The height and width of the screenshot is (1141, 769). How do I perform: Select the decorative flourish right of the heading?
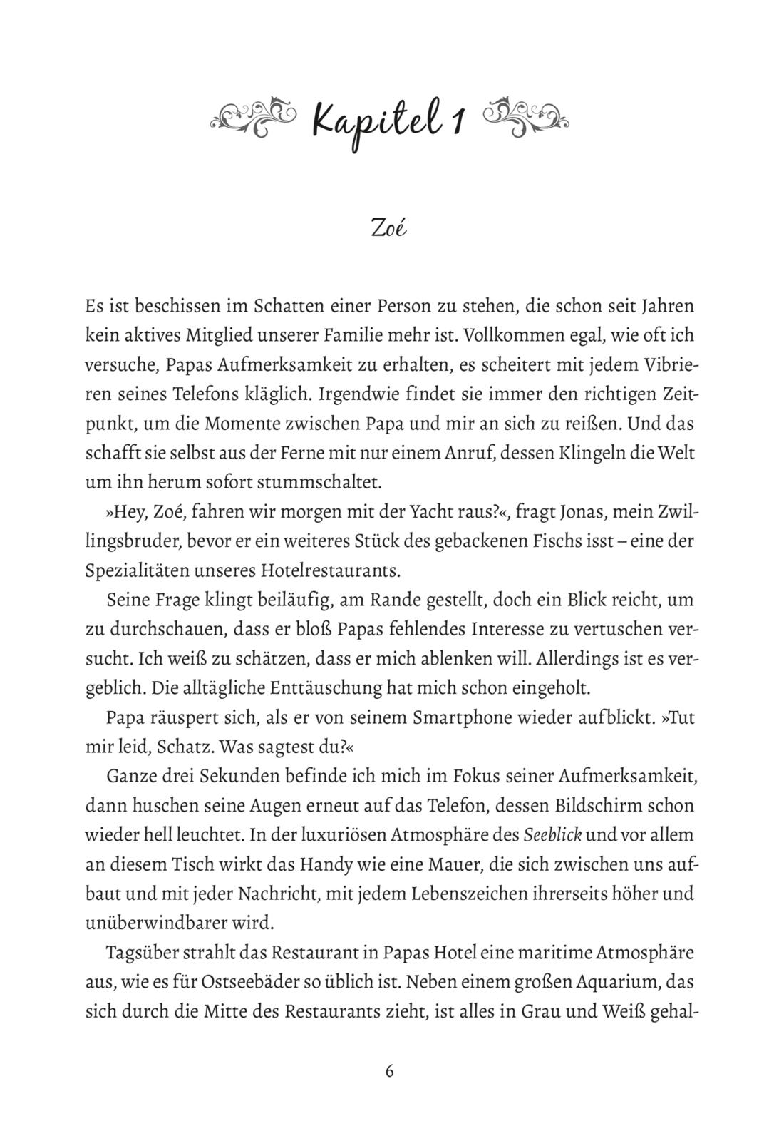525,115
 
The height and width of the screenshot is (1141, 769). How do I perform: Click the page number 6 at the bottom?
389,1071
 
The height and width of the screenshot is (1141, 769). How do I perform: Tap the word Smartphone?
458,717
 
